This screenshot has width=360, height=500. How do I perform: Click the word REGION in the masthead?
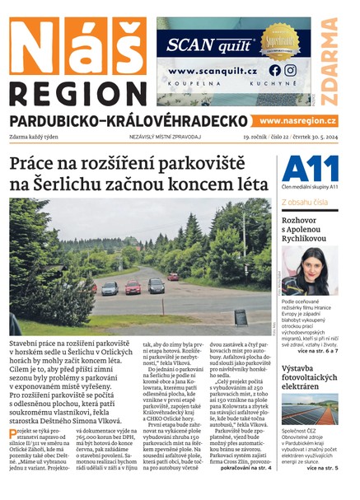[75, 91]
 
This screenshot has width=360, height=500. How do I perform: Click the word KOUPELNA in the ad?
[191, 86]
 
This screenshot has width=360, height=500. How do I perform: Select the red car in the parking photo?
[133, 287]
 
